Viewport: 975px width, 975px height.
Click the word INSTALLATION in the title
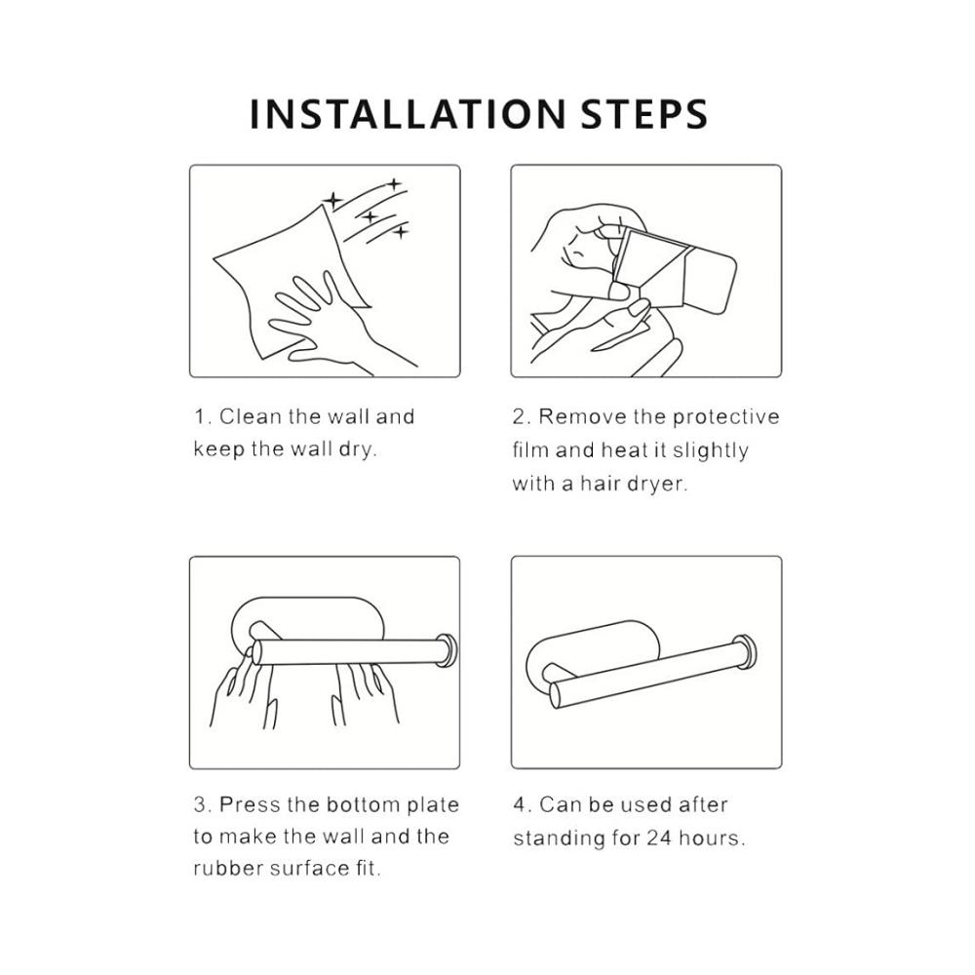(408, 114)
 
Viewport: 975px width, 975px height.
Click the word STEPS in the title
(644, 114)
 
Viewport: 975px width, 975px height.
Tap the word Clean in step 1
(250, 416)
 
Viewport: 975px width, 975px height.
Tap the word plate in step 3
(433, 805)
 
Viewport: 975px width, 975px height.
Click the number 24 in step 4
(659, 838)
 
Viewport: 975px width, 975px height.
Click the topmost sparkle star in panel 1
(394, 184)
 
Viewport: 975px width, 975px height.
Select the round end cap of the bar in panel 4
(746, 652)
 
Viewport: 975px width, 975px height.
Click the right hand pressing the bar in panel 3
(365, 691)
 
